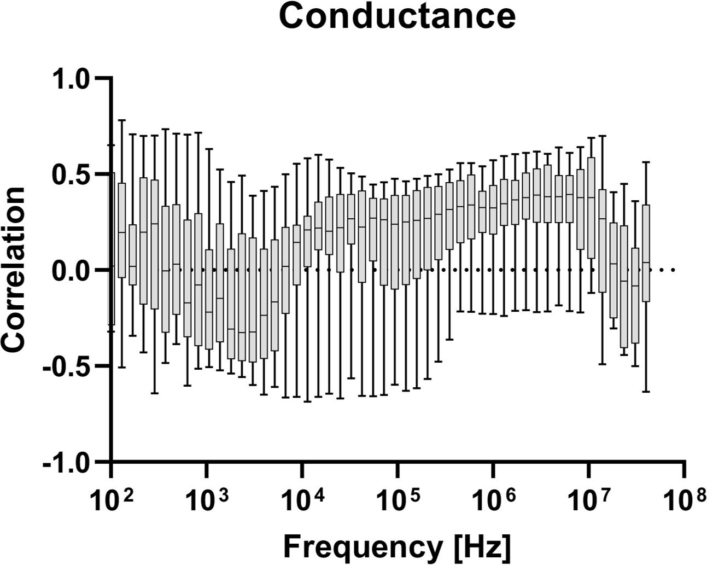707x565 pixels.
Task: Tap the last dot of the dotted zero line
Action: click(673, 270)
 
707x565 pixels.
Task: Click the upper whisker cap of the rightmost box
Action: click(646, 162)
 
